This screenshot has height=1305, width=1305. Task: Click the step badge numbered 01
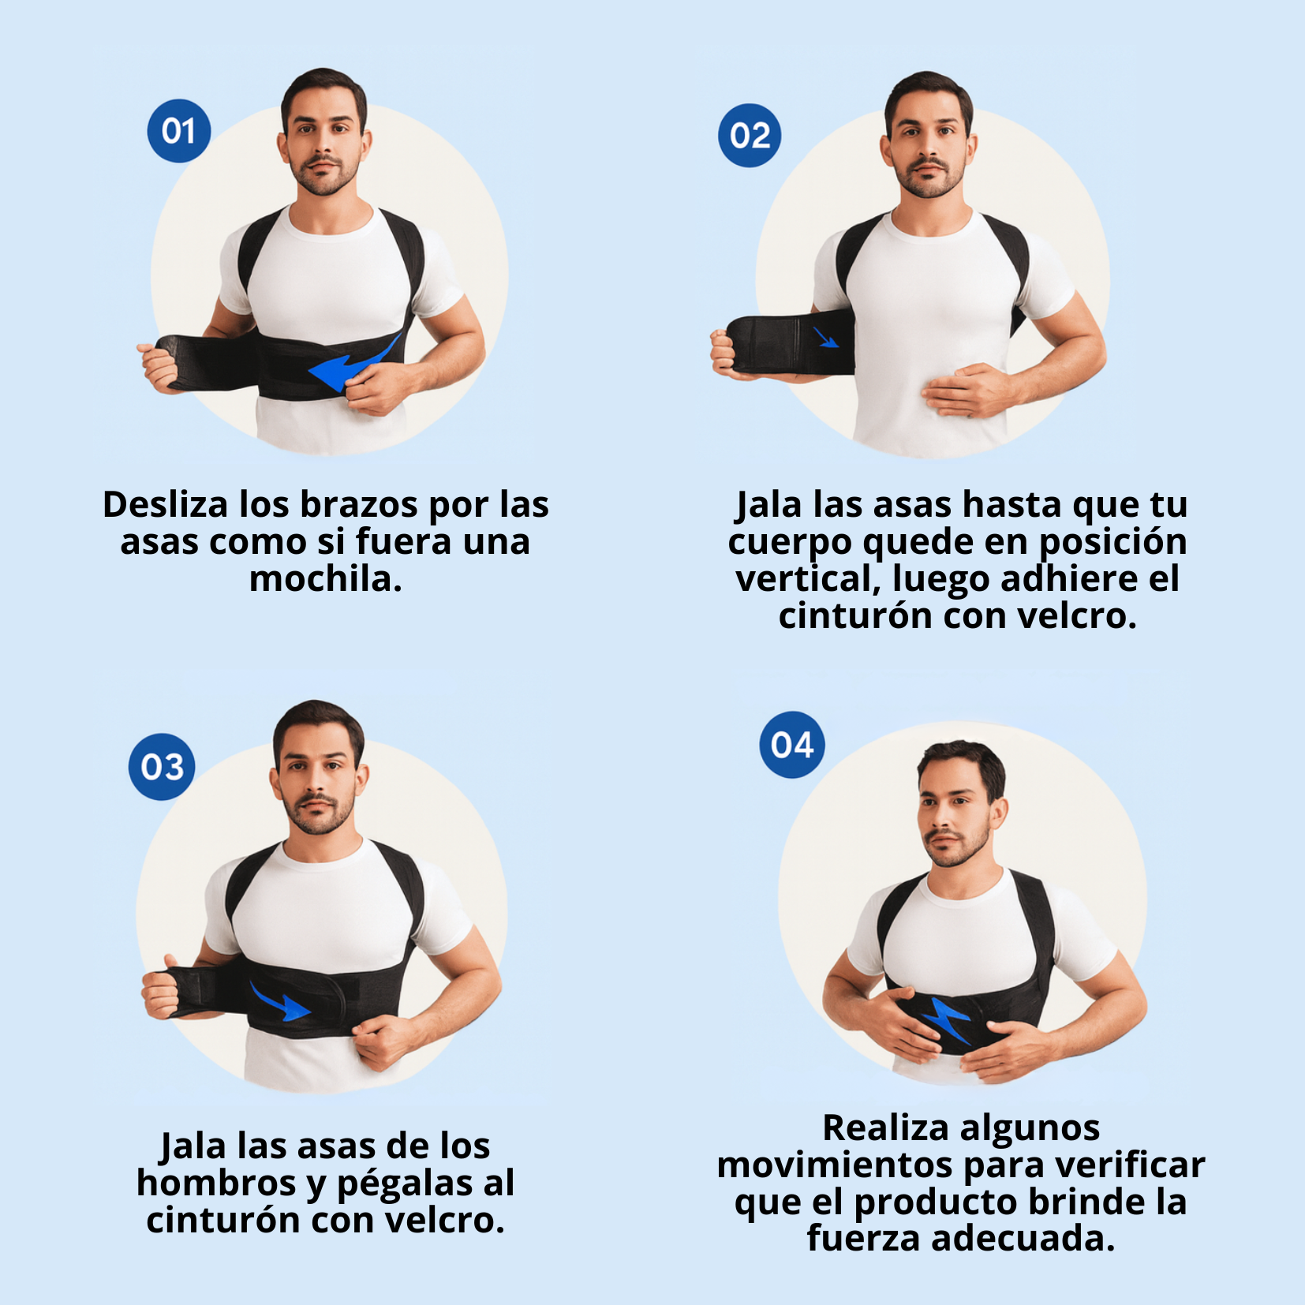tap(179, 131)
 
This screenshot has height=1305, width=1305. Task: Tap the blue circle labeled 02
tap(750, 136)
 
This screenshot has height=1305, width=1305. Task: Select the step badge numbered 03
tap(162, 767)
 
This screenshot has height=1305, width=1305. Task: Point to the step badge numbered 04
tap(792, 745)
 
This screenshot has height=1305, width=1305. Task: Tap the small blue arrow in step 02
tap(826, 339)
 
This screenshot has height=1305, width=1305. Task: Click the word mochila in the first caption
tap(326, 579)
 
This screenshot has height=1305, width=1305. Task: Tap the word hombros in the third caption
tap(216, 1183)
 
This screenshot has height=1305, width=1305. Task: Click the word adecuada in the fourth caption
tap(1023, 1238)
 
